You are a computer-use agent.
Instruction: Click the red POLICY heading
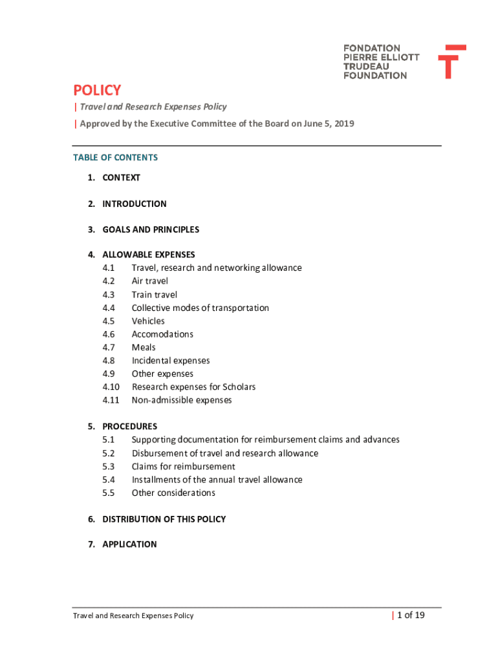point(97,90)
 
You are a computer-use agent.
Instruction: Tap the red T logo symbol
point(451,61)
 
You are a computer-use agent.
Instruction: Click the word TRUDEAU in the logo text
point(366,66)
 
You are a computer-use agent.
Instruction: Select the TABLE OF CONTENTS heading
point(116,158)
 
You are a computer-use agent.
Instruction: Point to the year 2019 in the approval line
point(343,123)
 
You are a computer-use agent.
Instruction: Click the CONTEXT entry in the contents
point(121,178)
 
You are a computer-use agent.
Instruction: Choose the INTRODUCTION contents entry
point(134,204)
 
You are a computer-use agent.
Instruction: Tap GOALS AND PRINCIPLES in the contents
point(151,230)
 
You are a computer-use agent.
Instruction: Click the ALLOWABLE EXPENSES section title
point(148,255)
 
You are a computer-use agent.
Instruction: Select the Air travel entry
point(150,281)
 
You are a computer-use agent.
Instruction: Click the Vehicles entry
point(148,321)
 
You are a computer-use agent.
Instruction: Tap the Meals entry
point(144,348)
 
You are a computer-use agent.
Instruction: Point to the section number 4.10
point(111,387)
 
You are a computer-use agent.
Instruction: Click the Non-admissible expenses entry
point(182,400)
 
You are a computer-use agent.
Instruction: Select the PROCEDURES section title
point(129,427)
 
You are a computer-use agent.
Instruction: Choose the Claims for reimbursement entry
point(184,467)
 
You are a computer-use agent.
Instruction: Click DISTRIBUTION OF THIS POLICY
point(164,519)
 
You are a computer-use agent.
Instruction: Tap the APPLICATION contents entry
point(129,544)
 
